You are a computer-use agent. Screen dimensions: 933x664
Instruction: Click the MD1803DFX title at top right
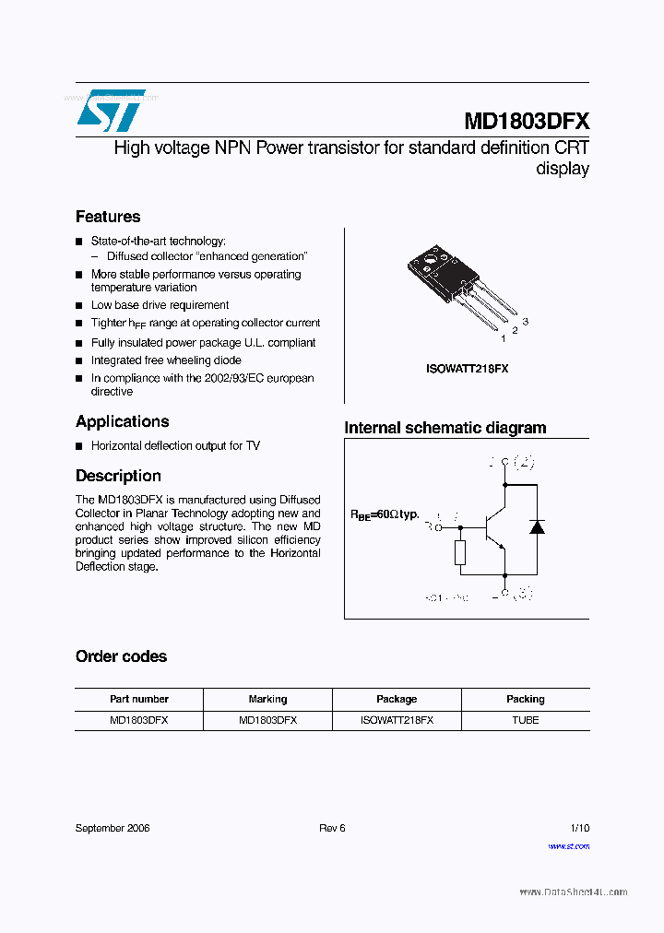[x=526, y=122]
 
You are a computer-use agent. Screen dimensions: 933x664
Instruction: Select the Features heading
[x=108, y=217]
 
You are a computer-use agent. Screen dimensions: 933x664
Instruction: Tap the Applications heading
[x=122, y=421]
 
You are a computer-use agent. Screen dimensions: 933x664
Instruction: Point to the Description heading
[x=118, y=476]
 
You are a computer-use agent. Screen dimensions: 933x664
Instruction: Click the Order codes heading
[x=121, y=656]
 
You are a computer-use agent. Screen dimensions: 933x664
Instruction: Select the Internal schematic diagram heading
[x=445, y=428]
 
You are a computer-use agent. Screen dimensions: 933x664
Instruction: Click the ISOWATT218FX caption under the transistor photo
[x=467, y=369]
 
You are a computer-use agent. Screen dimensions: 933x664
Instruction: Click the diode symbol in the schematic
[x=536, y=526]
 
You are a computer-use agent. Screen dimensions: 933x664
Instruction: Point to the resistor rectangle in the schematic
[x=460, y=553]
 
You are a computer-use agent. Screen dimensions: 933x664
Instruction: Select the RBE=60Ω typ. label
[x=384, y=514]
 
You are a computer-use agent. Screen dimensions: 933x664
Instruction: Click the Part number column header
[x=139, y=699]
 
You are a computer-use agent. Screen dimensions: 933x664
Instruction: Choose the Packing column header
[x=525, y=699]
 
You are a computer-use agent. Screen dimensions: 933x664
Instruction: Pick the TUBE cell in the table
[x=525, y=720]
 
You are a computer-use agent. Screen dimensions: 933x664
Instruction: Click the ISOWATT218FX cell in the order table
[x=397, y=720]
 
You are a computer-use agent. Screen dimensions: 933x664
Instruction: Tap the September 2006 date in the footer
[x=113, y=828]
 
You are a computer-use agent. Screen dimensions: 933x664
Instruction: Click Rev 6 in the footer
[x=332, y=828]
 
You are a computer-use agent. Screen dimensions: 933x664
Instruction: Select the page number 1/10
[x=579, y=828]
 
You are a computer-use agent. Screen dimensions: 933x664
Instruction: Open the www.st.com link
[x=568, y=845]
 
